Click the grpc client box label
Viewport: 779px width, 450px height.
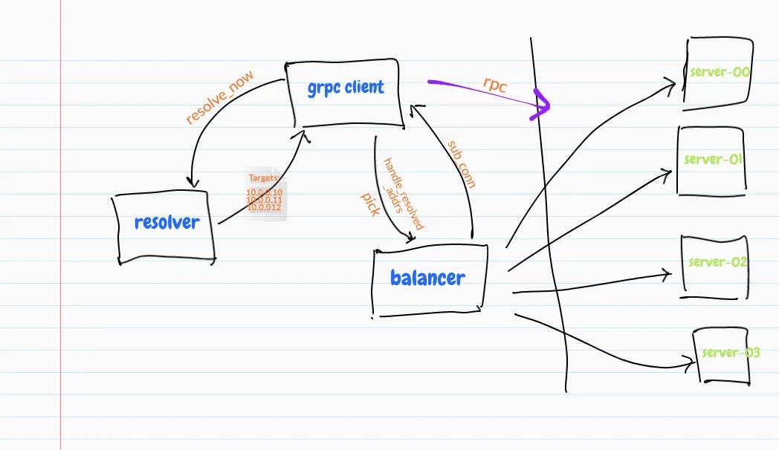pos(346,88)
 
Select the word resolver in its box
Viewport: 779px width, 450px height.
pos(167,222)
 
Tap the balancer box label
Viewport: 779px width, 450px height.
pos(427,278)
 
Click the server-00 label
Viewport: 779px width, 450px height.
pos(720,72)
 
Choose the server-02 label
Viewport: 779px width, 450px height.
pos(717,262)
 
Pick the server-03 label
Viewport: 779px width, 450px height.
pos(730,353)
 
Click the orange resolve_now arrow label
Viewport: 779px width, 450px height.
pos(219,97)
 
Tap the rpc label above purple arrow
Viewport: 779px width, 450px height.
pos(494,84)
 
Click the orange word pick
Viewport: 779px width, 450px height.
pos(370,203)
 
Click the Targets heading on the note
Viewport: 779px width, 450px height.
pos(264,179)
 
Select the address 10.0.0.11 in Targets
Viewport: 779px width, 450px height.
pos(265,200)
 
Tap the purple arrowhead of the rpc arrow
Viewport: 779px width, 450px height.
pos(543,106)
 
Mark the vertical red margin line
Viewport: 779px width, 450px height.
pos(61,223)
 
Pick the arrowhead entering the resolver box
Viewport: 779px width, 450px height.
pos(193,183)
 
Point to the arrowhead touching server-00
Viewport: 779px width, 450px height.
pos(672,83)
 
